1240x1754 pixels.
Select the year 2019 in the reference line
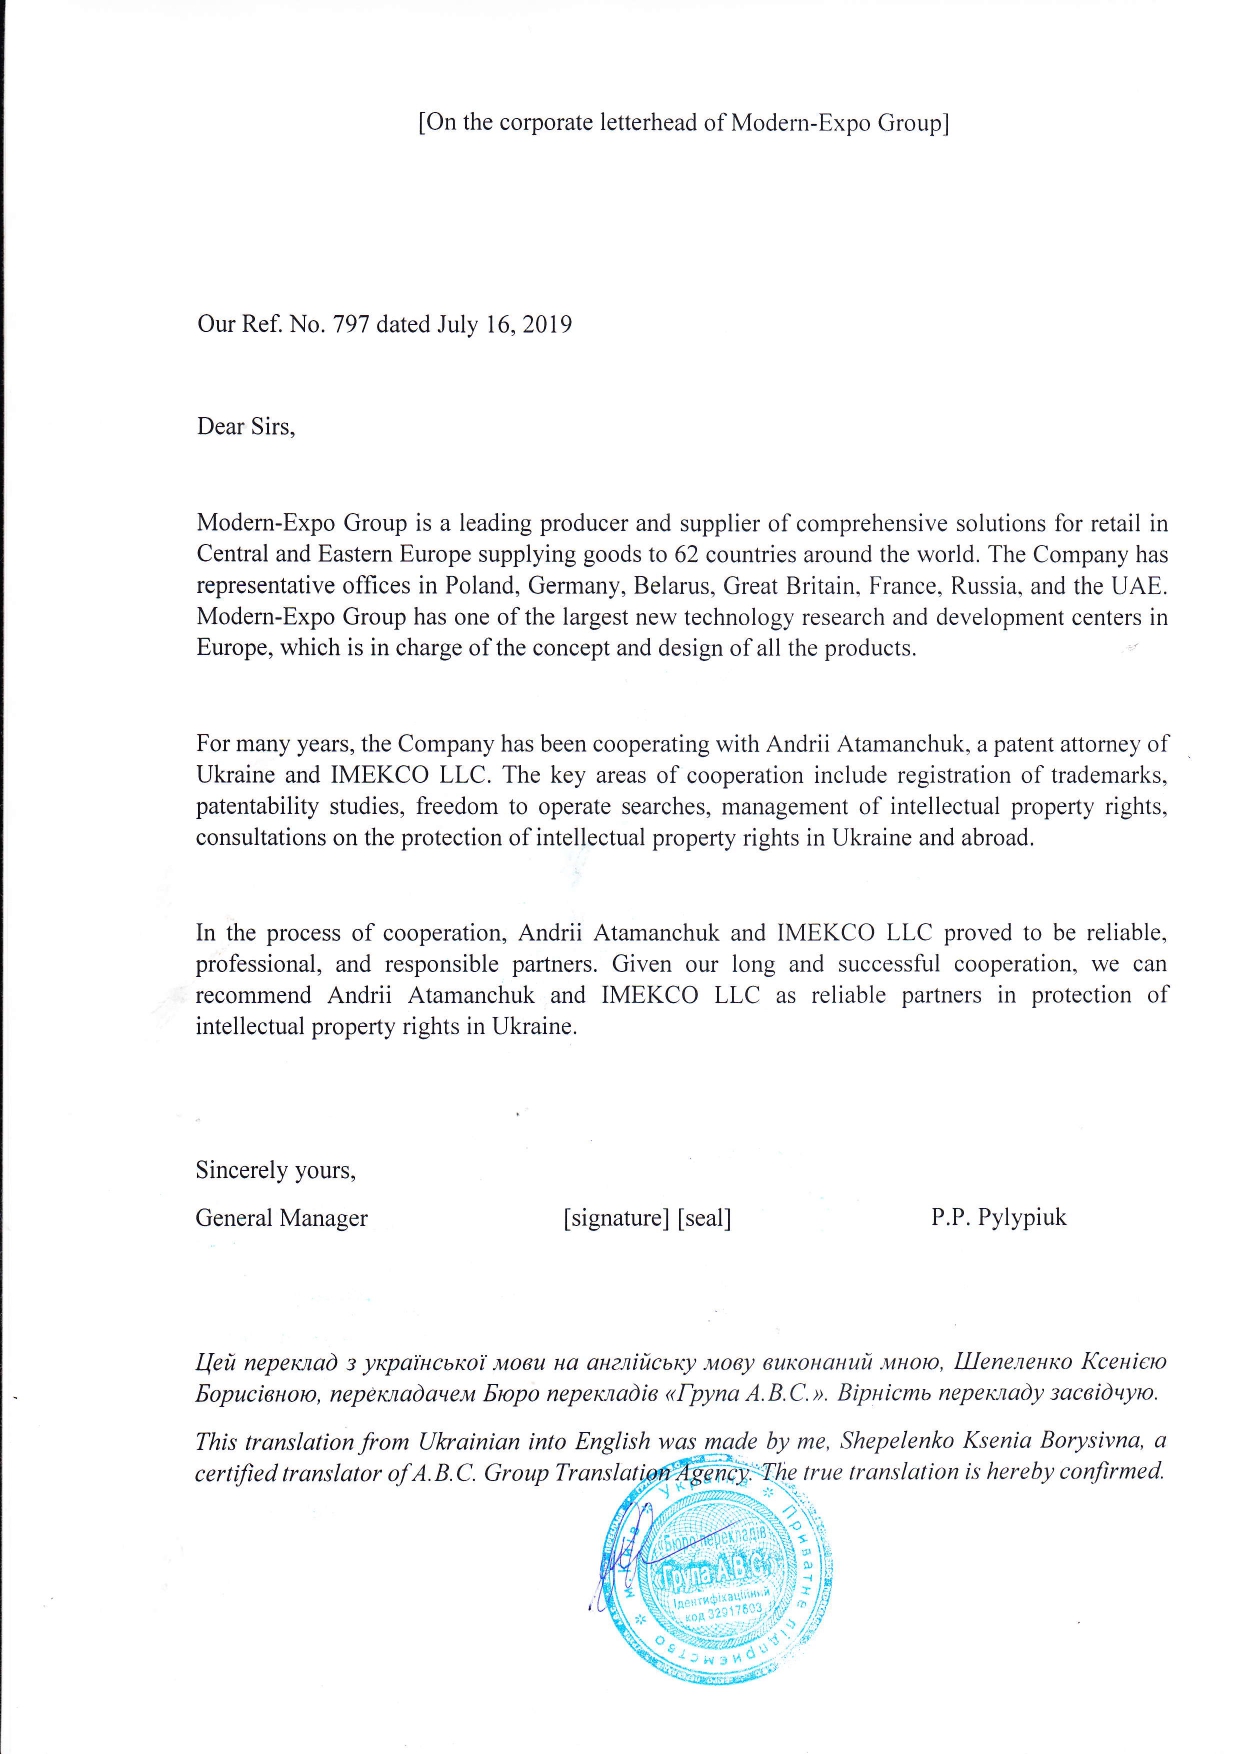tap(547, 324)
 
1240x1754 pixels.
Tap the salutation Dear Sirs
tap(246, 427)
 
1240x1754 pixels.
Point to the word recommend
tap(254, 995)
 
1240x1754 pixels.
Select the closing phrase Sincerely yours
tap(275, 1170)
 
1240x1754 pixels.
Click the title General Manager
tap(281, 1218)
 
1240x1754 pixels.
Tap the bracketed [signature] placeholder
tap(616, 1218)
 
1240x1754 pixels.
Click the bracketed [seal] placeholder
tap(705, 1218)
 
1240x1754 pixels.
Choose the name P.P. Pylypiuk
tap(998, 1217)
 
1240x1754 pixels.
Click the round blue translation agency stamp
tap(717, 1580)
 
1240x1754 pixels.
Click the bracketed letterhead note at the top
tap(683, 123)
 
